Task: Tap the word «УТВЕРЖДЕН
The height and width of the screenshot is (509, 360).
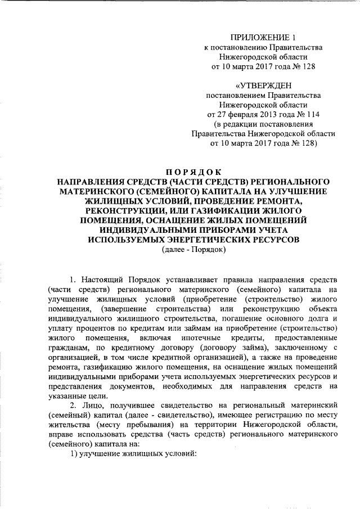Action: pos(264,86)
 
